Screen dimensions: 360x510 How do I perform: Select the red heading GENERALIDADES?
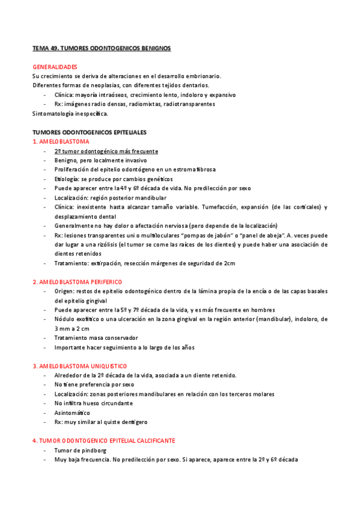(x=55, y=66)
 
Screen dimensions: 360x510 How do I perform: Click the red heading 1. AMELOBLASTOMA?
(x=61, y=141)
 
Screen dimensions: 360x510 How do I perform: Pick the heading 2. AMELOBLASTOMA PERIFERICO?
(x=77, y=281)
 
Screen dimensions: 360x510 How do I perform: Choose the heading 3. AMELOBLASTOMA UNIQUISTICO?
(x=79, y=366)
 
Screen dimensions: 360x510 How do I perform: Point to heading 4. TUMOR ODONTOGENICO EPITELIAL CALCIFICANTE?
(x=103, y=440)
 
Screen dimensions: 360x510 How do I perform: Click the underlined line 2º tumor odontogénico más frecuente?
(x=106, y=151)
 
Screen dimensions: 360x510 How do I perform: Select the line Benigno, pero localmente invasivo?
(x=100, y=161)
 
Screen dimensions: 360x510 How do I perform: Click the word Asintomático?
(x=72, y=413)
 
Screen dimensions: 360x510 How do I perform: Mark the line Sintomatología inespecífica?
(x=70, y=113)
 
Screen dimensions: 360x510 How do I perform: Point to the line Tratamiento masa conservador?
(x=96, y=338)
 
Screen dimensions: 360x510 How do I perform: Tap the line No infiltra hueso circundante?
(x=93, y=403)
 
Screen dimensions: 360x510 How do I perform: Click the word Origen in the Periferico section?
(x=64, y=291)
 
